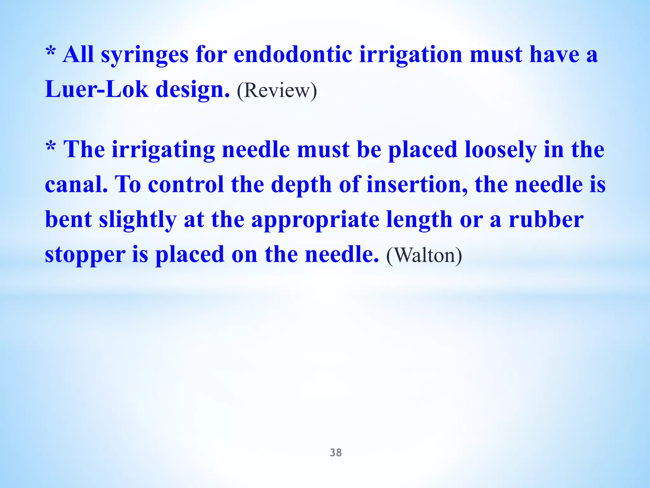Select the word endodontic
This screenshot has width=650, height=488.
293,54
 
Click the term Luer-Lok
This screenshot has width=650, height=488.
96,89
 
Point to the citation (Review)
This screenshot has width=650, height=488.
277,91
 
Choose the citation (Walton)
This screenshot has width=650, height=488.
424,255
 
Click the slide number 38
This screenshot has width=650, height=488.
336,453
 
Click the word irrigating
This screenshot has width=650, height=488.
163,150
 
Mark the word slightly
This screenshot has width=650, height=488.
138,220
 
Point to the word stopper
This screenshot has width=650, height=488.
85,255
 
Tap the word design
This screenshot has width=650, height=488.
192,89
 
